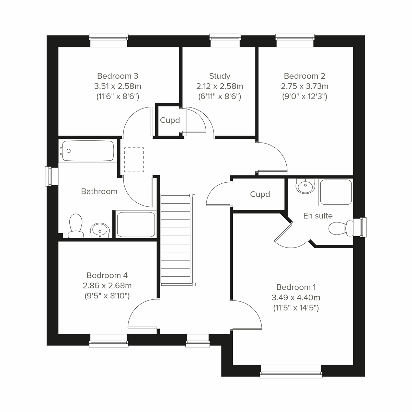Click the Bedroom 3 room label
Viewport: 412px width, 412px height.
tap(117, 76)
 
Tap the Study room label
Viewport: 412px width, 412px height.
tap(219, 76)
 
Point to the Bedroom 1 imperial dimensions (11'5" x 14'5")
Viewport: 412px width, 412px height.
tap(296, 308)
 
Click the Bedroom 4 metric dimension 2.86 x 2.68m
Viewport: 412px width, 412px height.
tap(107, 286)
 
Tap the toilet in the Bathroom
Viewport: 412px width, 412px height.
tap(76, 225)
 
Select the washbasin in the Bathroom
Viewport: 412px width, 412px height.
tap(100, 229)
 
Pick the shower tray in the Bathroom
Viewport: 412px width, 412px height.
tap(136, 225)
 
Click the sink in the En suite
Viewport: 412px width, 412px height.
tap(305, 186)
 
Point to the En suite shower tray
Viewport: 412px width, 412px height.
tap(335, 192)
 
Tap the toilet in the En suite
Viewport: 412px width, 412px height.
tap(340, 228)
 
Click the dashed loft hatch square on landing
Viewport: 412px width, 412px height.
tap(134, 160)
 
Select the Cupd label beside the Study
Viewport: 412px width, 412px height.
tap(170, 121)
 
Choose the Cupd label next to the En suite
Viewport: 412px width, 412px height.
tap(260, 194)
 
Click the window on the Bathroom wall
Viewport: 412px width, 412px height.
tap(51, 176)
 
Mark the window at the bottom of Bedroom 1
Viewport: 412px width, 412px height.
tap(291, 371)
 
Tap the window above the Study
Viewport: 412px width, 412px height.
tap(225, 41)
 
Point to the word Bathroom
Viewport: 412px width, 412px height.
tap(99, 192)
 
